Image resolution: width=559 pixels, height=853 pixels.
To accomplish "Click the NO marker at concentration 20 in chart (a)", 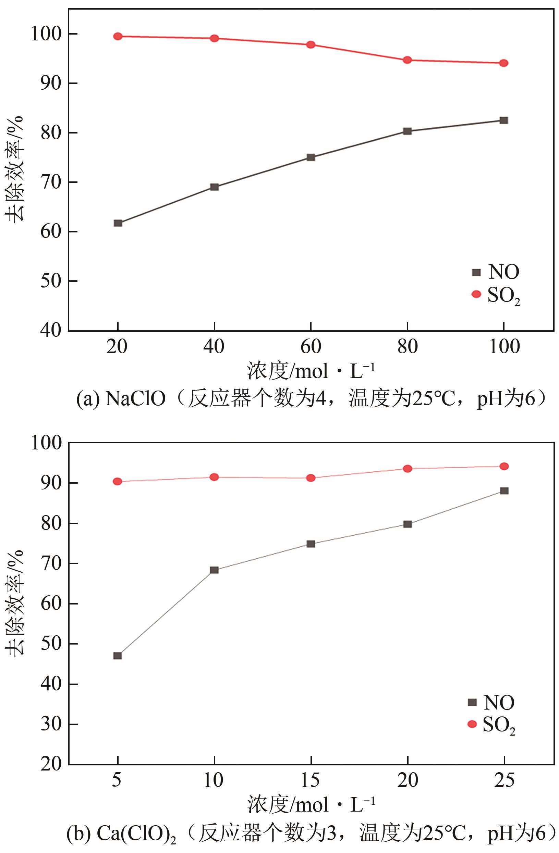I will coord(118,223).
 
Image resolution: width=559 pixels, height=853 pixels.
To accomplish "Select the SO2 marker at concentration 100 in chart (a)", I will coord(504,63).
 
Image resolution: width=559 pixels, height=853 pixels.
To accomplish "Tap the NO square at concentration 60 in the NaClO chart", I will coord(311,157).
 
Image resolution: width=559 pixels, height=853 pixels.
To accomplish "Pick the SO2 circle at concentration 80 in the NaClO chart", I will coord(407,60).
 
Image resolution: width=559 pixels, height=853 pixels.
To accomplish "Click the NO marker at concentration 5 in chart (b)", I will coord(118,655).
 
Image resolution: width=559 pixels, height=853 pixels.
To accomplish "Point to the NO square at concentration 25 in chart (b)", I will coord(504,491).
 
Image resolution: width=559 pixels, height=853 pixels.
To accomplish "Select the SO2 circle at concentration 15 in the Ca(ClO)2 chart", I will coord(311,478).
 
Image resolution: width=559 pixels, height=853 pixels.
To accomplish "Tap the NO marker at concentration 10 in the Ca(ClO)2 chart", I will coord(214,570).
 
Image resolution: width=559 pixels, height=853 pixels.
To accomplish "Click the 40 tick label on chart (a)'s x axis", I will coord(214,347).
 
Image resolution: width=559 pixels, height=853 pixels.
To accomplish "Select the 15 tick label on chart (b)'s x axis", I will coord(311,780).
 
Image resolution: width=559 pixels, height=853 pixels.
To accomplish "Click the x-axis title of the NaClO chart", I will coord(311,371).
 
